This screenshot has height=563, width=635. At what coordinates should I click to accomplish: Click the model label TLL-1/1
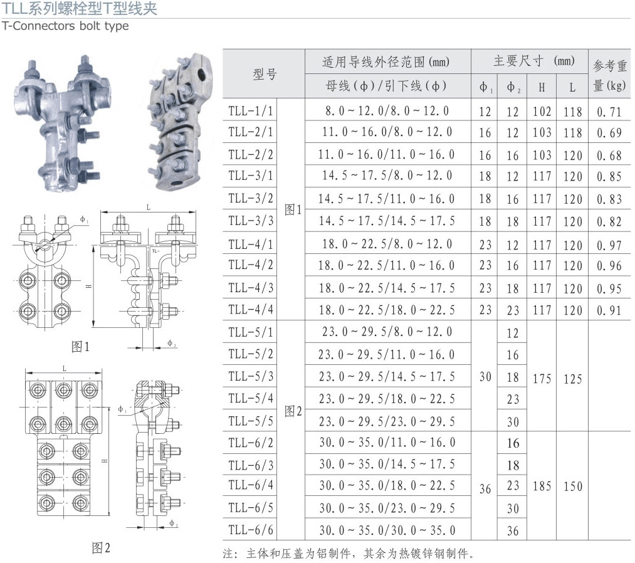pyautogui.click(x=251, y=110)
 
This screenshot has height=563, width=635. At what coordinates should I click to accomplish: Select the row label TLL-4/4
pyautogui.click(x=251, y=310)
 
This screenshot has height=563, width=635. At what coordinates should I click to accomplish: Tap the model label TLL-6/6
pyautogui.click(x=251, y=530)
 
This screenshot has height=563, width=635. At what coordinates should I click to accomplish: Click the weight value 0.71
pyautogui.click(x=609, y=112)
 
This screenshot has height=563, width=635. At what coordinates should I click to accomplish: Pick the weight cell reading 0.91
pyautogui.click(x=609, y=310)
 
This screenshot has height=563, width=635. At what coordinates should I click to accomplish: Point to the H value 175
pyautogui.click(x=542, y=379)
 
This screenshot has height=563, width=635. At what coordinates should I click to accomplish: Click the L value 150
pyautogui.click(x=573, y=486)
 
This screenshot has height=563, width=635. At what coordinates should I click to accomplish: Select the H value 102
pyautogui.click(x=542, y=112)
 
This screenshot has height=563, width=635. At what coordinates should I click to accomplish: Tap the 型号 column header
pyautogui.click(x=265, y=74)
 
